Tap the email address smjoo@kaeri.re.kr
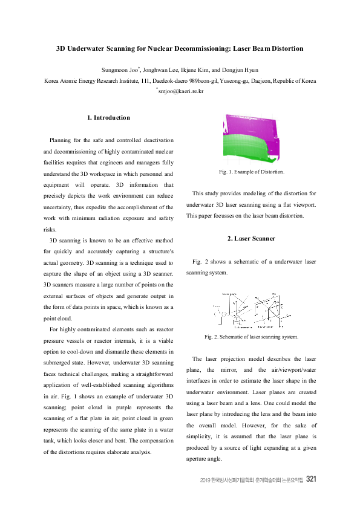pos(181,91)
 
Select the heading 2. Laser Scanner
pos(251,238)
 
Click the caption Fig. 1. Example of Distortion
pos(251,172)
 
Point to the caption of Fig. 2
pos(251,336)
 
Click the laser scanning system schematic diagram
pos(250,310)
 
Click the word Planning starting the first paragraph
pos(61,140)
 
